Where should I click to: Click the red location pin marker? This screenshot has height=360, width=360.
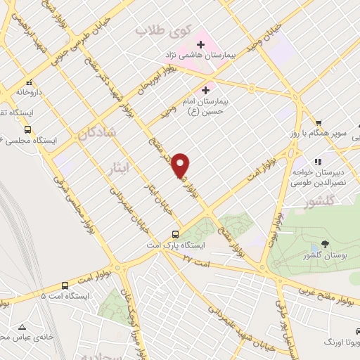(x=181, y=165)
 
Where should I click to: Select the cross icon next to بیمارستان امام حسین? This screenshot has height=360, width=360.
(x=205, y=89)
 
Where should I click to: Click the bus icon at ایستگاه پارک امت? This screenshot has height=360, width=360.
(x=175, y=234)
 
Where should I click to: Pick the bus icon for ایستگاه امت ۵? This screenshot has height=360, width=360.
(x=65, y=285)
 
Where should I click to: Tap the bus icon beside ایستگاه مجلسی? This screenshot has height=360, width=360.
(x=27, y=129)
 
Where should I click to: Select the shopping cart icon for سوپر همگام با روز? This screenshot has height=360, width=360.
(x=318, y=122)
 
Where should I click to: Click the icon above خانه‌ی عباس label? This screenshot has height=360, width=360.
(x=22, y=327)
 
